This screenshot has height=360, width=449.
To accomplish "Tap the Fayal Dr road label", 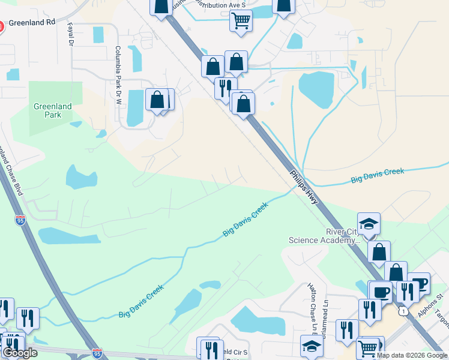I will [x=71, y=35].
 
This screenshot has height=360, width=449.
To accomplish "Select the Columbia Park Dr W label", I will [x=118, y=69].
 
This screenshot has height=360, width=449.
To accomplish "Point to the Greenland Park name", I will [x=52, y=111].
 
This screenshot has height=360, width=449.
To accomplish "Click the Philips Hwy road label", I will [x=304, y=187].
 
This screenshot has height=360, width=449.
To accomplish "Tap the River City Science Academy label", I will [x=324, y=236].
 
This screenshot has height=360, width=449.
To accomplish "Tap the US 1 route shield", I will [x=405, y=310].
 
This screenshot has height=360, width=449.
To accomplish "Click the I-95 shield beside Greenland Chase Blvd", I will [x=20, y=220].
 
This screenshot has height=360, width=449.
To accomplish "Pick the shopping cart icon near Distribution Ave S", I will [x=241, y=20].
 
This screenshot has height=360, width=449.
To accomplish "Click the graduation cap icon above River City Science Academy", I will [x=369, y=224].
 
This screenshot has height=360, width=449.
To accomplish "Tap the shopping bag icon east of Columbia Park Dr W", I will [x=157, y=100].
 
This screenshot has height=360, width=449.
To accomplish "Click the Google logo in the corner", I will [x=20, y=353].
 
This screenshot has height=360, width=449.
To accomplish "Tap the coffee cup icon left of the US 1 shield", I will [x=381, y=292].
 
